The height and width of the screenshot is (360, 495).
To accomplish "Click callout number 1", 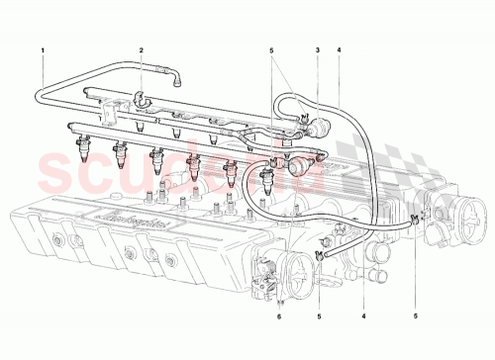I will point(44,49).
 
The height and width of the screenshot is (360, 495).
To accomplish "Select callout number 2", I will point(142,49).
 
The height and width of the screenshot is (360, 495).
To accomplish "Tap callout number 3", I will point(316,49).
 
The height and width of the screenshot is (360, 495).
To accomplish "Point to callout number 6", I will point(280,316).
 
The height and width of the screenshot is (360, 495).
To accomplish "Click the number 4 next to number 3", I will point(339,49).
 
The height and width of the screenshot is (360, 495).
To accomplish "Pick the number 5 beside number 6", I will point(321,316).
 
